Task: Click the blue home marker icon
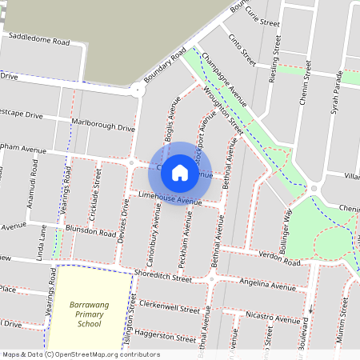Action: pyautogui.click(x=180, y=172)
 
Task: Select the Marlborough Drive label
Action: pyautogui.click(x=103, y=126)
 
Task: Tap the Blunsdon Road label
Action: pyautogui.click(x=91, y=232)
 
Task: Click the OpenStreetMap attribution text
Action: pyautogui.click(x=80, y=354)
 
